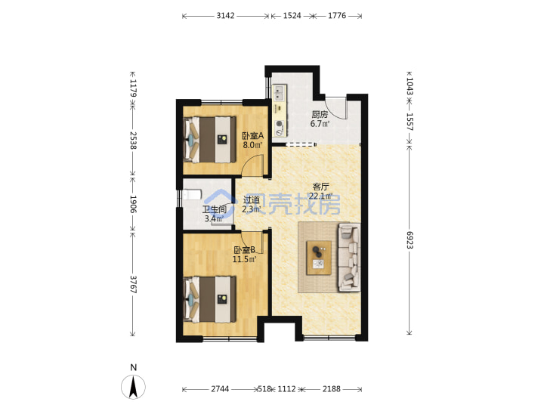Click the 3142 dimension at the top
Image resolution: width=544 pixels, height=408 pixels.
coord(225,16)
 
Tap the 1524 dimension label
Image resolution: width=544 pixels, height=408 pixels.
coord(292,16)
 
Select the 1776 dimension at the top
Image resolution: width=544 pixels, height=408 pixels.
coord(337,16)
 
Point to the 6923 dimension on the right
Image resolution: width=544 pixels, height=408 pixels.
coord(410,240)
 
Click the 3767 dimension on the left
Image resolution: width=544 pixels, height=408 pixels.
coord(133,285)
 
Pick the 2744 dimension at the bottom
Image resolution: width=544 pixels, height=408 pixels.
coord(220,389)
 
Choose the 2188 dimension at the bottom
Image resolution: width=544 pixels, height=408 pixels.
coord(332,389)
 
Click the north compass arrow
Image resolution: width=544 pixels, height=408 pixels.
coord(133,387)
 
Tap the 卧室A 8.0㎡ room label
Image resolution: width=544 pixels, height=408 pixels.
coord(252,141)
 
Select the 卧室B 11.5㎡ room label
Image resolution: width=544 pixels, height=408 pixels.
coord(245,255)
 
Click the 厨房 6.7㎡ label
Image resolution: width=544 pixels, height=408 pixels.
coord(320,119)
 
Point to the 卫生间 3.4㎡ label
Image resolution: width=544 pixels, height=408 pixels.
coord(214,214)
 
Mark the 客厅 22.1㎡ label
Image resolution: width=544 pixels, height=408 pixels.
coord(321,191)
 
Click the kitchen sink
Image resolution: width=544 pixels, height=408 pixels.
coord(279,93)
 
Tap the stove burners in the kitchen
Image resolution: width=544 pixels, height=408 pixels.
coord(280,128)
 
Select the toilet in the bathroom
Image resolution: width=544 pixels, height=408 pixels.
coord(192,194)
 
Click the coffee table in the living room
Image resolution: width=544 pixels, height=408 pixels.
coord(319,258)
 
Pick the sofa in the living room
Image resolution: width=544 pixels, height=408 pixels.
coord(349,258)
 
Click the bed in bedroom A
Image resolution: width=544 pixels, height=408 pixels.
coord(209,140)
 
